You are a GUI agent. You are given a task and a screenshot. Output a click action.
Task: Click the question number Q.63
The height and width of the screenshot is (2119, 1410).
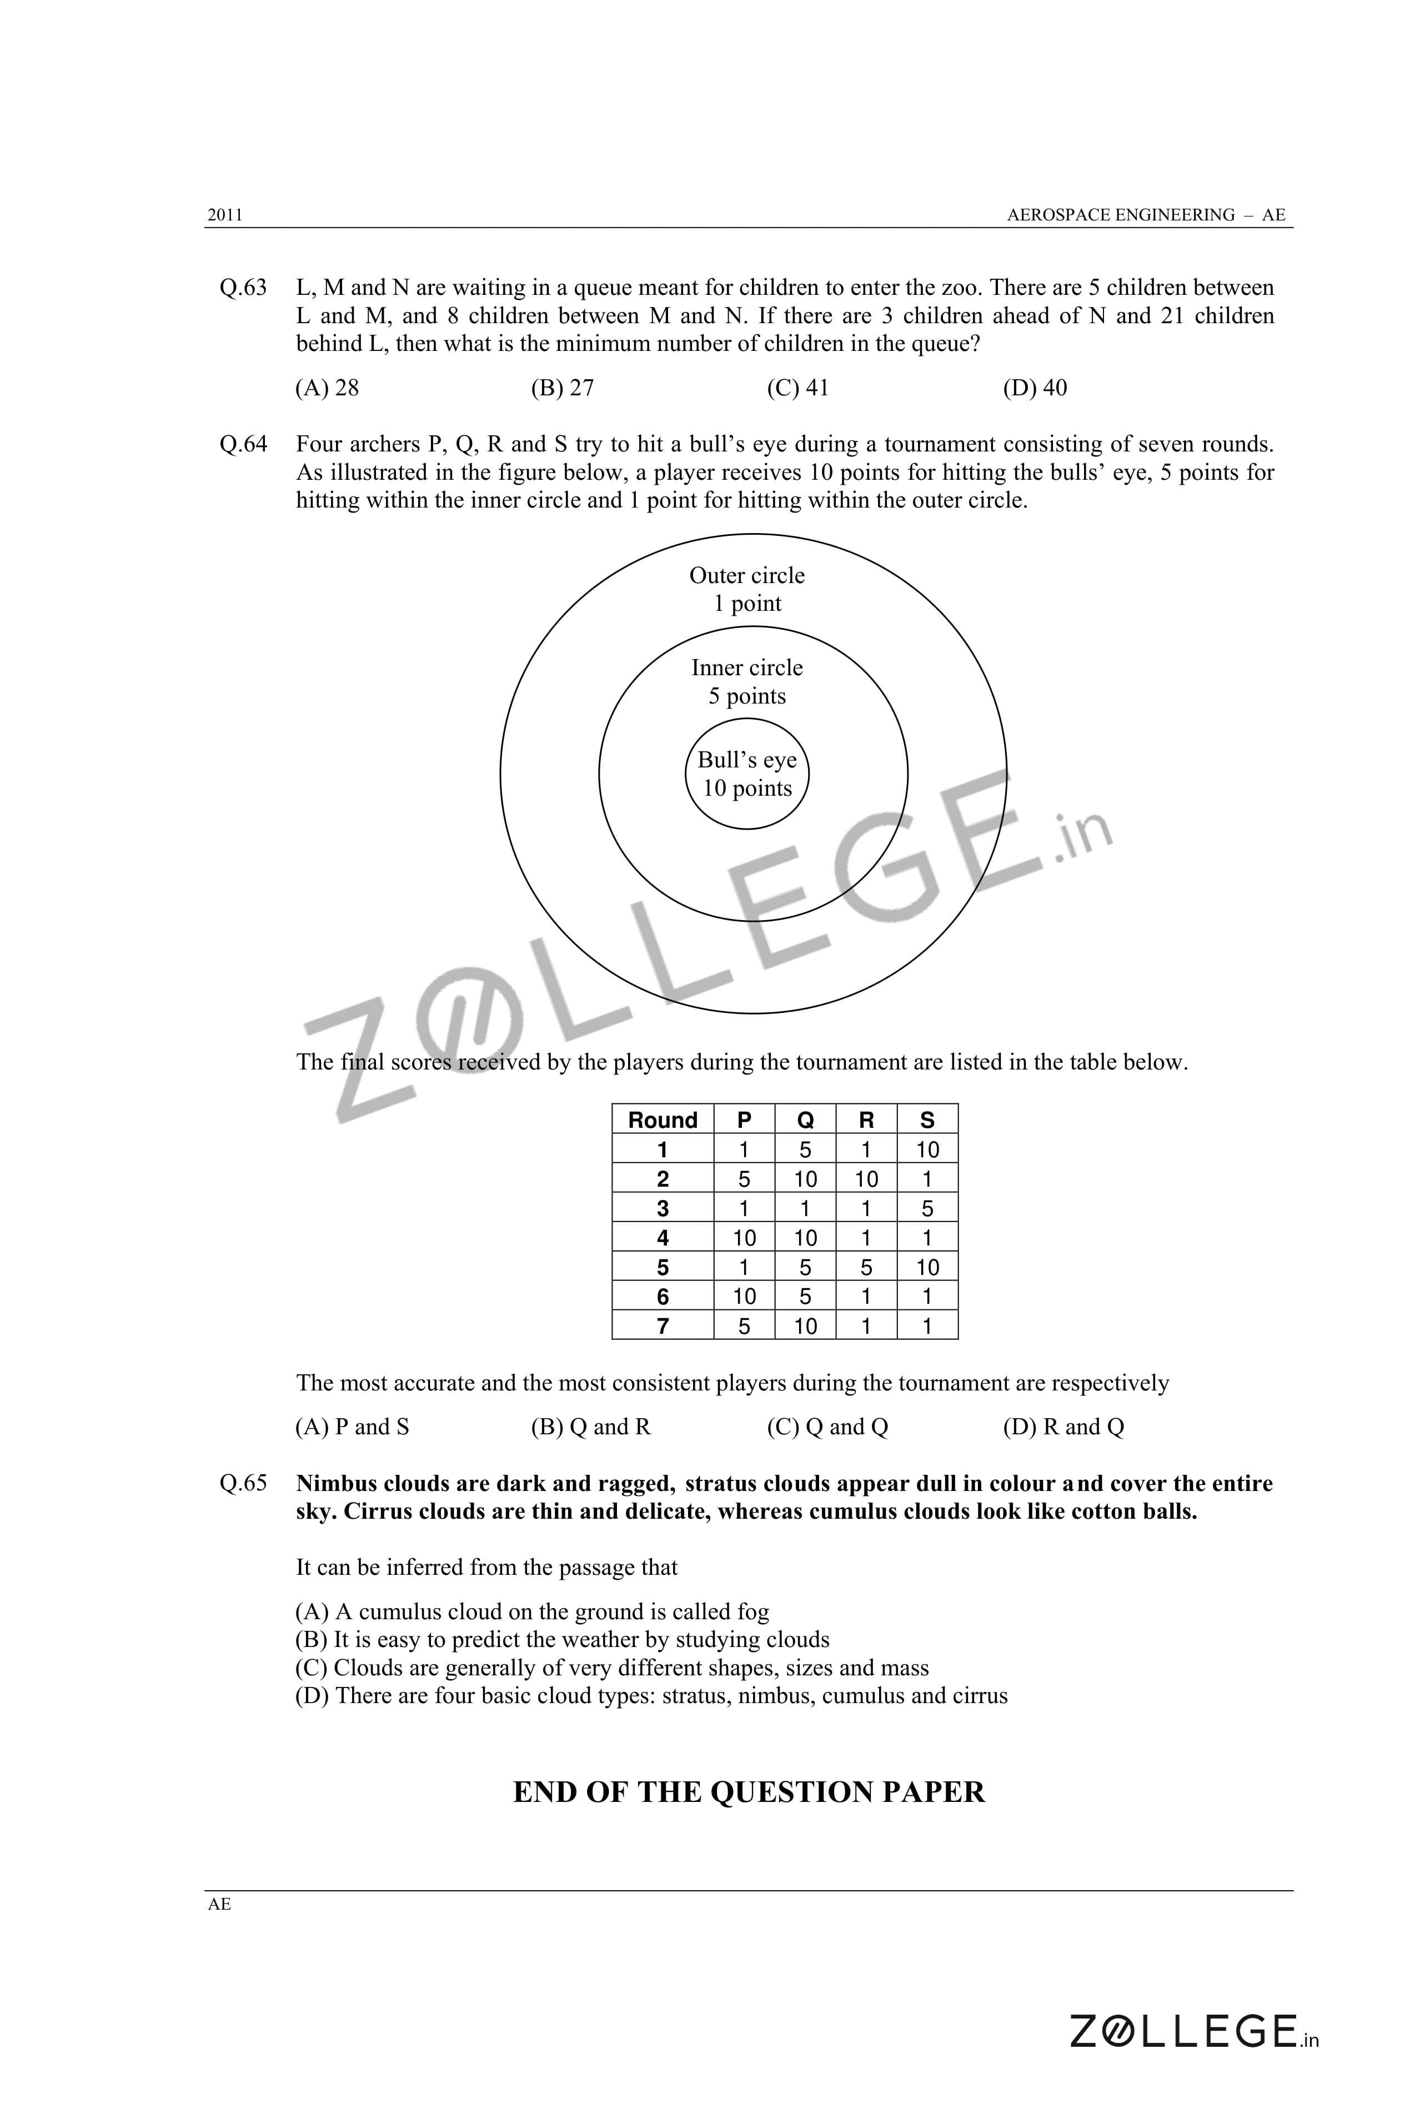pos(243,288)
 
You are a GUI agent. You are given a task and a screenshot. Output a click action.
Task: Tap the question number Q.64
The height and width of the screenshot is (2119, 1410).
pos(243,444)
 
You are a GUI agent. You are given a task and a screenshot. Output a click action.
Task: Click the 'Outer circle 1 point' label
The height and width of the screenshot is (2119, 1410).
pos(746,590)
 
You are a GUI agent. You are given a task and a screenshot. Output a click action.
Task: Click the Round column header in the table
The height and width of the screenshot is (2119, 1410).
pos(663,1120)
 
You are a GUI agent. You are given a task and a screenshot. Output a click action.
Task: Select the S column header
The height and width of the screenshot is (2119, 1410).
pos(927,1120)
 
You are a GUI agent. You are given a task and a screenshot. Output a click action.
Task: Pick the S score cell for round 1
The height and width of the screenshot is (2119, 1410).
pos(927,1150)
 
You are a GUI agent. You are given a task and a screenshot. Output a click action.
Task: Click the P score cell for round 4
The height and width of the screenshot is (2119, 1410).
pos(744,1238)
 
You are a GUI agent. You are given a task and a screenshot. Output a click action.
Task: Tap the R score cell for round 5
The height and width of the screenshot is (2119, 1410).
pos(866,1268)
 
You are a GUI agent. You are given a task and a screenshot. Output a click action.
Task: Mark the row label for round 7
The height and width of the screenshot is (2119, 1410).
pos(663,1326)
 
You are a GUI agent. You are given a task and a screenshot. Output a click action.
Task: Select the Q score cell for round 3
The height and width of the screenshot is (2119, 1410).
pos(805,1208)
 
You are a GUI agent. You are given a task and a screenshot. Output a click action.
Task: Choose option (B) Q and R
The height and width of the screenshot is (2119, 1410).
pos(591,1428)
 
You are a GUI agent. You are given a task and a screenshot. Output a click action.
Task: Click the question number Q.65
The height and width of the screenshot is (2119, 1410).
pos(243,1483)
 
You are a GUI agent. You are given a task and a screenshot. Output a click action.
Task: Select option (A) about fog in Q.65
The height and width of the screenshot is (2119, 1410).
pos(533,1612)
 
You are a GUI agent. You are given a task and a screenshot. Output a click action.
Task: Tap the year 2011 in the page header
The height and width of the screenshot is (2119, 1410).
pos(225,215)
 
